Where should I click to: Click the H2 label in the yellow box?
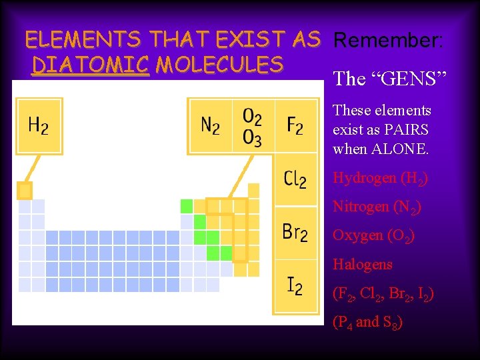pyautogui.click(x=38, y=125)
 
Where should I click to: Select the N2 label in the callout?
pyautogui.click(x=210, y=125)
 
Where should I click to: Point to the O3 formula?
pyautogui.click(x=252, y=138)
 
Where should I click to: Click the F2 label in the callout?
pyautogui.click(x=295, y=125)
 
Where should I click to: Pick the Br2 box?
pyautogui.click(x=295, y=233)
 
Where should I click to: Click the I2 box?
pyautogui.click(x=295, y=286)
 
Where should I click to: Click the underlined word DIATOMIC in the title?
pyautogui.click(x=90, y=65)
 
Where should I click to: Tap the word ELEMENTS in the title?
pyautogui.click(x=83, y=40)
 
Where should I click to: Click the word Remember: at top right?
pyautogui.click(x=387, y=41)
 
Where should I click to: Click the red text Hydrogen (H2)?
pyautogui.click(x=380, y=179)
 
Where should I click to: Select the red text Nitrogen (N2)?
pyautogui.click(x=377, y=207)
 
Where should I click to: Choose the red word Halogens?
pyautogui.click(x=363, y=265)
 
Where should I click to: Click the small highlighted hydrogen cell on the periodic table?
pyautogui.click(x=25, y=191)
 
